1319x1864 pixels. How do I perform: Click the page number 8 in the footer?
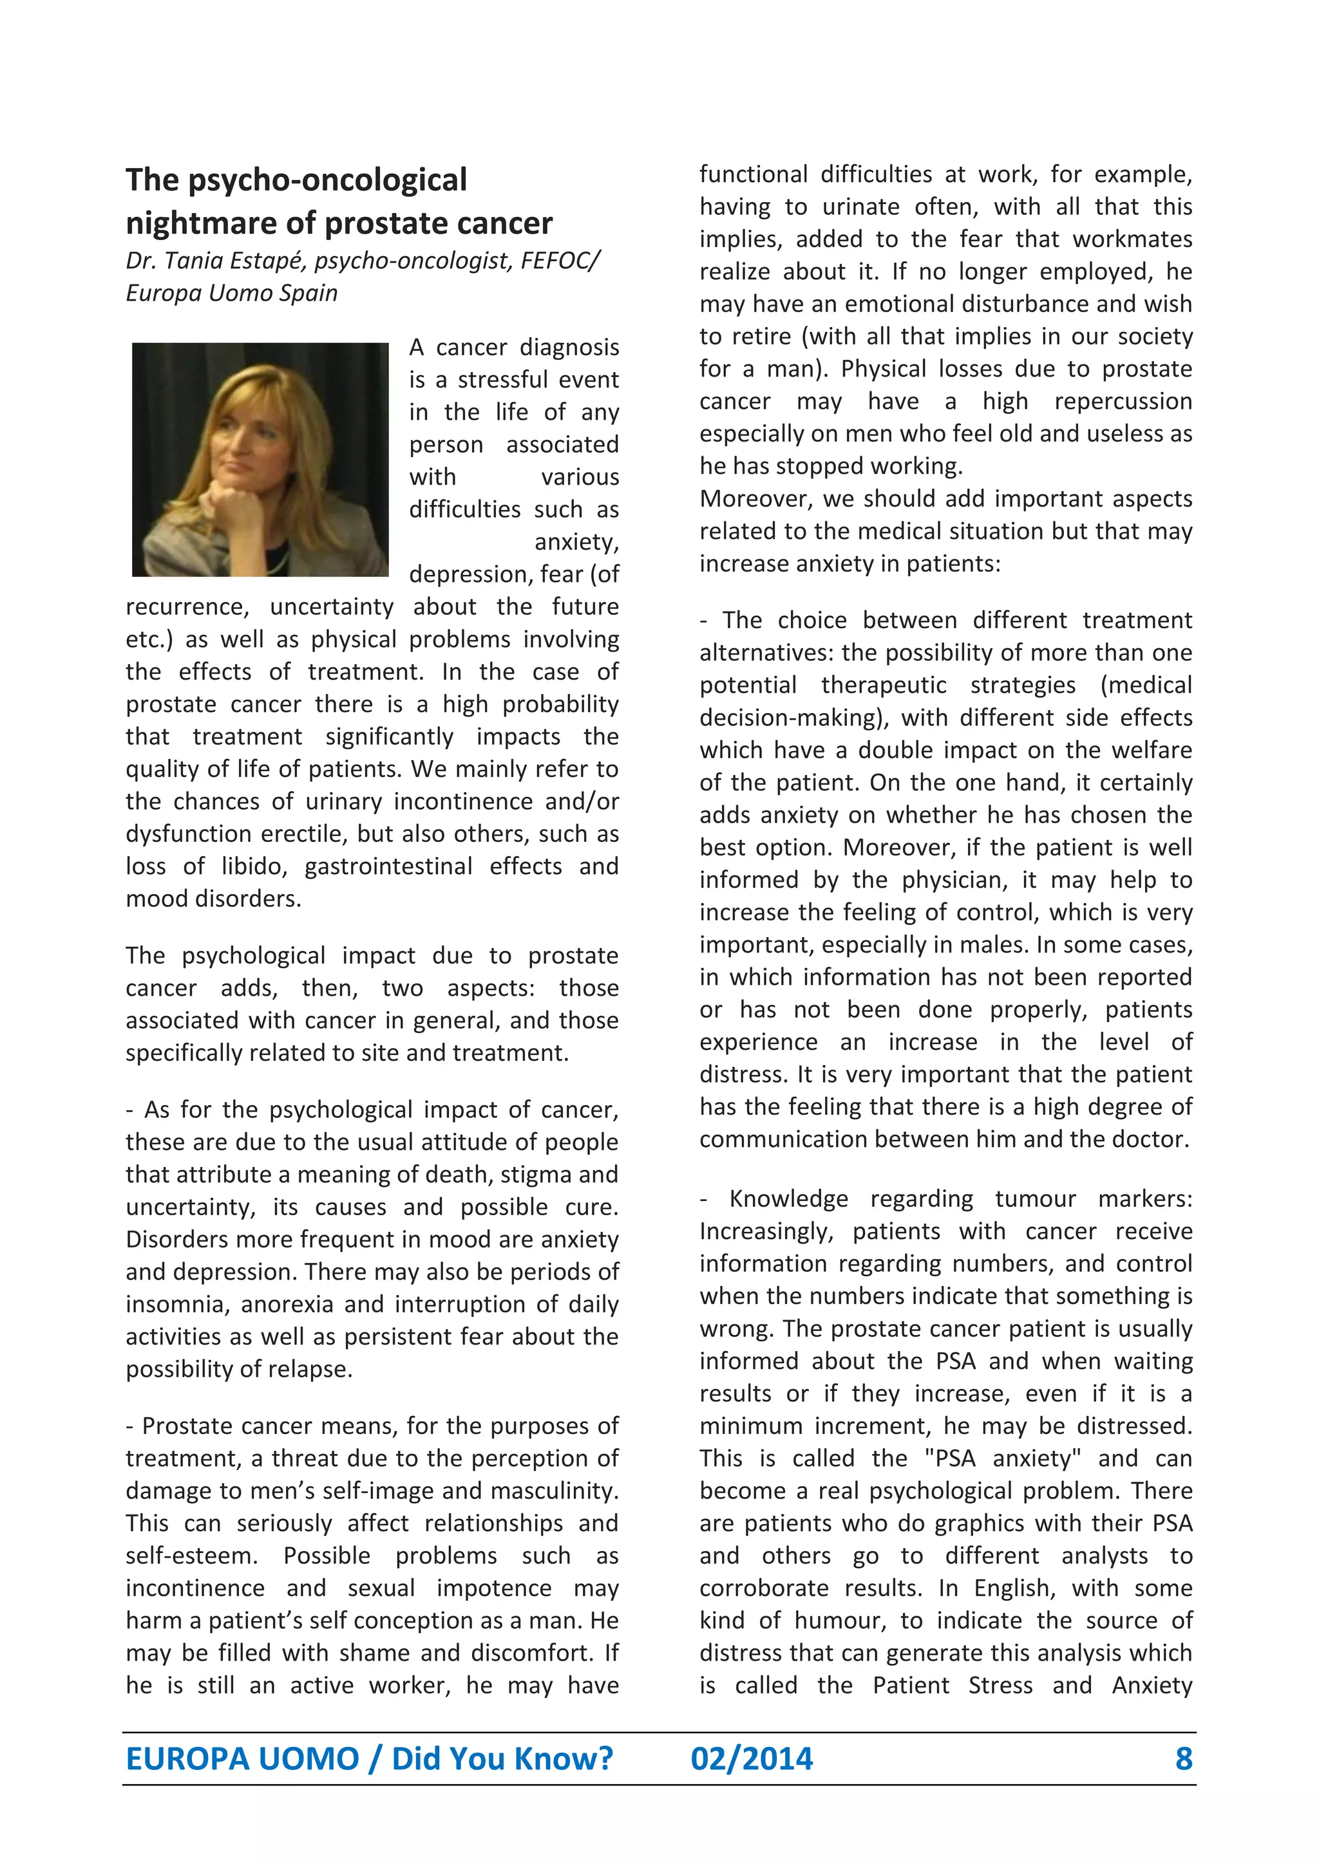[x=1183, y=1758]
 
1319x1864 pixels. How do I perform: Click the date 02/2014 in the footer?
[x=752, y=1758]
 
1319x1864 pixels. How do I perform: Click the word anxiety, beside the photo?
[x=576, y=541]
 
